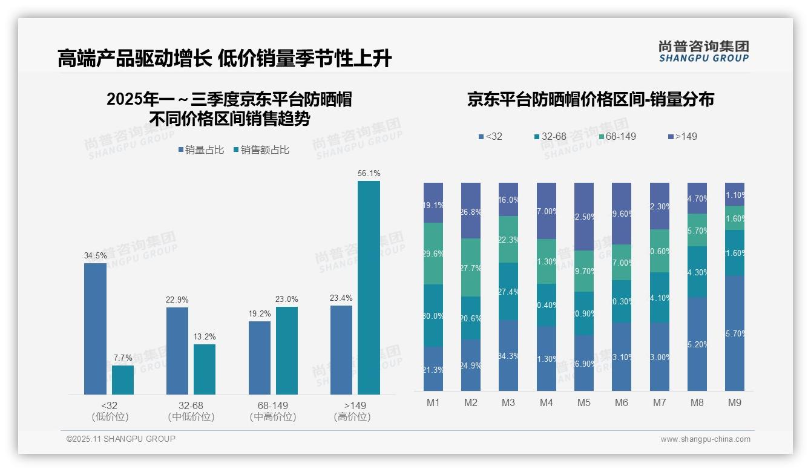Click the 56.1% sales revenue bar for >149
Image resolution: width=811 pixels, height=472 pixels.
click(369, 287)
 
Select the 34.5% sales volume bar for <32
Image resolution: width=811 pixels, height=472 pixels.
click(95, 329)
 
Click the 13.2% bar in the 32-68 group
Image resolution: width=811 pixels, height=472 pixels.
click(205, 369)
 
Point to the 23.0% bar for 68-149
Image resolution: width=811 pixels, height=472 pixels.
click(287, 350)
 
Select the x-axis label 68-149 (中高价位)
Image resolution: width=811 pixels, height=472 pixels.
click(272, 411)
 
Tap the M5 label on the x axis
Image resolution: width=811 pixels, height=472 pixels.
click(583, 402)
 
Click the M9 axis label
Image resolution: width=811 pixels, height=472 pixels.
click(734, 402)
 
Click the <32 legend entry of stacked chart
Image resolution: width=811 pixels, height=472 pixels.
click(491, 136)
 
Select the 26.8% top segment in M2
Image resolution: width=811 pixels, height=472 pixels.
click(471, 211)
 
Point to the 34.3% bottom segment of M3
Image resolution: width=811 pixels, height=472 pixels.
click(508, 355)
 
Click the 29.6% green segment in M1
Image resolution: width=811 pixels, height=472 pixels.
click(433, 254)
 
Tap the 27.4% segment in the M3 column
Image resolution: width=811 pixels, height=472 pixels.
click(508, 291)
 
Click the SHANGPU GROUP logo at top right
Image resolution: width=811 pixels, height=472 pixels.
click(703, 51)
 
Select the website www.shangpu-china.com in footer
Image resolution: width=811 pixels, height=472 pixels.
click(705, 439)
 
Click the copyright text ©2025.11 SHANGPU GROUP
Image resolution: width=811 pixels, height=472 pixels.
click(121, 439)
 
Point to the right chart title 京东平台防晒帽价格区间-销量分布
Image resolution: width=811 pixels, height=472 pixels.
click(590, 99)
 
